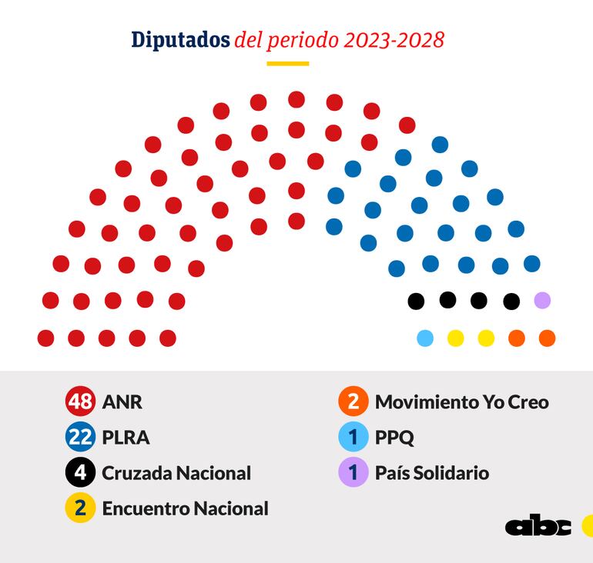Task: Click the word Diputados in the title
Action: [180, 40]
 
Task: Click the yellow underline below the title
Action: [287, 63]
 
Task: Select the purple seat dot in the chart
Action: [542, 300]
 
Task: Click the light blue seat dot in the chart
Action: [425, 338]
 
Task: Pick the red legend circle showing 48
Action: [80, 401]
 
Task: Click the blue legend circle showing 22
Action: [80, 437]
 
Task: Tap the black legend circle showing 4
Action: [80, 472]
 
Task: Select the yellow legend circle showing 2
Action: [80, 508]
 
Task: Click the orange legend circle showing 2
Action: [353, 401]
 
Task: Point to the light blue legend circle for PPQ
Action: [353, 437]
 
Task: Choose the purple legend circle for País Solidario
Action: [353, 472]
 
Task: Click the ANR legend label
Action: [122, 402]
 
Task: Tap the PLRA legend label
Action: [126, 438]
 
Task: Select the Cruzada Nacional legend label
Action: [176, 473]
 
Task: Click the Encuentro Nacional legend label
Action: [185, 508]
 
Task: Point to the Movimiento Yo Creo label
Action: [461, 402]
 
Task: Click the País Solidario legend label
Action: [432, 473]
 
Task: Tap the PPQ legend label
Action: [394, 438]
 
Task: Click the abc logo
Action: [538, 527]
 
